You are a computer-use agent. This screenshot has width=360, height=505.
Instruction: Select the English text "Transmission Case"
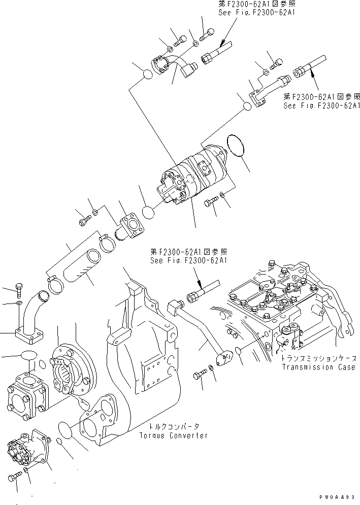[318, 367]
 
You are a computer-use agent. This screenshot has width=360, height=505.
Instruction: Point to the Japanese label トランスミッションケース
[317, 358]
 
